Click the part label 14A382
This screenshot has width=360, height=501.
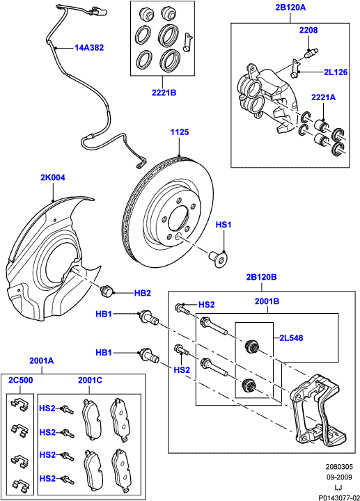[89, 48]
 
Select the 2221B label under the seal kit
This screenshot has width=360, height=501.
[164, 91]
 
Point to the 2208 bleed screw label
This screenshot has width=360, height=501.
[308, 31]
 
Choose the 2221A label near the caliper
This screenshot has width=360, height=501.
[323, 97]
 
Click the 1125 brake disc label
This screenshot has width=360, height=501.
[180, 132]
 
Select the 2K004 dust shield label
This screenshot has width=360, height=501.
[52, 178]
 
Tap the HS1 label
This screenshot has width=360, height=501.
[223, 225]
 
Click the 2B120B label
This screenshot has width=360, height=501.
[261, 277]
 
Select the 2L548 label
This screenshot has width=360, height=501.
[292, 338]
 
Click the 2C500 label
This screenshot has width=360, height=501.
[19, 381]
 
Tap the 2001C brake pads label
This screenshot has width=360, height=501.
[90, 381]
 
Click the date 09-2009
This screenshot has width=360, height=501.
[341, 477]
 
